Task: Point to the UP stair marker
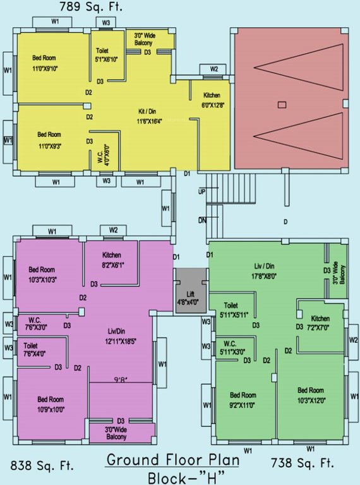202,191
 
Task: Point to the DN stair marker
202,220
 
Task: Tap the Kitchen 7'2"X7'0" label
320,323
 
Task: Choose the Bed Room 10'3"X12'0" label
312,394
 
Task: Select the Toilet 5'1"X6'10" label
103,55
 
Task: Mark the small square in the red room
282,104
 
